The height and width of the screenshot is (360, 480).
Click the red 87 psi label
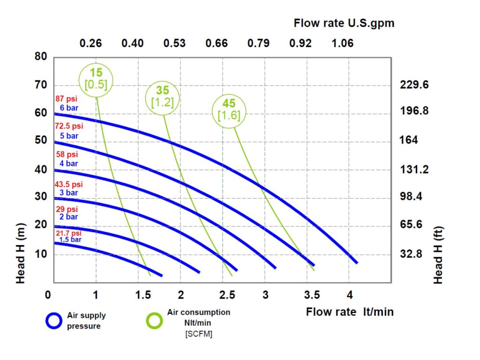click(x=66, y=99)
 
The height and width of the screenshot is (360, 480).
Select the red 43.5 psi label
click(x=68, y=185)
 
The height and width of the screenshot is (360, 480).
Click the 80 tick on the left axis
click(x=41, y=57)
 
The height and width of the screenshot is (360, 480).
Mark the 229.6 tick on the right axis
click(x=414, y=85)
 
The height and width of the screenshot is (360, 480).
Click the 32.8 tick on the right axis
click(x=411, y=255)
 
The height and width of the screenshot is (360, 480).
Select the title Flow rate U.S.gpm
click(x=344, y=23)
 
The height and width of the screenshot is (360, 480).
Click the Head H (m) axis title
click(x=21, y=253)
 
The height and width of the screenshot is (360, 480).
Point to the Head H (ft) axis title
click(x=438, y=255)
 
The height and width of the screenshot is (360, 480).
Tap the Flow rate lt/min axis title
click(x=350, y=312)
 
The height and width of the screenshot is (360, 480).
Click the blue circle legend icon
click(x=53, y=321)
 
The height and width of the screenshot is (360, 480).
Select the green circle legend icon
click(x=154, y=321)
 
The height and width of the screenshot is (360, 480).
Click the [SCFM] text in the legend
click(x=199, y=334)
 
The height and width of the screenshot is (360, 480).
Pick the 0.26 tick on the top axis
click(x=90, y=44)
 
